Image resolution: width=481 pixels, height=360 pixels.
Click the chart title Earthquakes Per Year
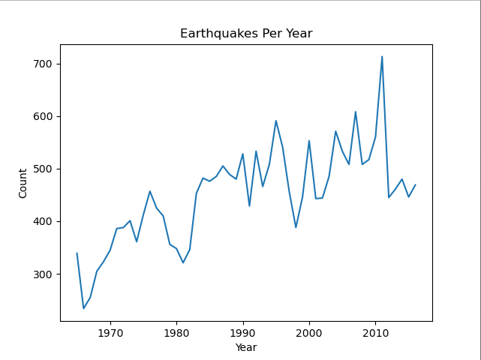(x=246, y=34)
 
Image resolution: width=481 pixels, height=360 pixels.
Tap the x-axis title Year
(x=246, y=347)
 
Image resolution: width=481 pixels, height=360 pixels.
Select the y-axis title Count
(x=23, y=183)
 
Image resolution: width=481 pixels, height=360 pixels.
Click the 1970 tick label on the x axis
(x=110, y=332)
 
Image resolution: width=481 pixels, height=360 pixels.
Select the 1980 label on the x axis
(x=176, y=332)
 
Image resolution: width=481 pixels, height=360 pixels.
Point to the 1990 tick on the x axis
(x=242, y=332)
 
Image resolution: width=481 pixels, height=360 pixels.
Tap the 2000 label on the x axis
(x=309, y=332)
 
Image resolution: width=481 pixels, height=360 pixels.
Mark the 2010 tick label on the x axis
(x=375, y=332)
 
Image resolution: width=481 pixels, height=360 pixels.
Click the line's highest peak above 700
(x=382, y=56)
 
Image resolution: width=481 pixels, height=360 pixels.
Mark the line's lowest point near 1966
(x=83, y=308)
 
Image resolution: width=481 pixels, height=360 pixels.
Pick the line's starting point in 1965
(x=77, y=253)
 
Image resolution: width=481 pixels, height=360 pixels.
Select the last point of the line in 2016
(x=415, y=184)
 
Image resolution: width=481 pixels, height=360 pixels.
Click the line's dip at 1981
(x=183, y=262)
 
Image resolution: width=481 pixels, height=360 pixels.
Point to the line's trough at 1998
(x=296, y=227)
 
